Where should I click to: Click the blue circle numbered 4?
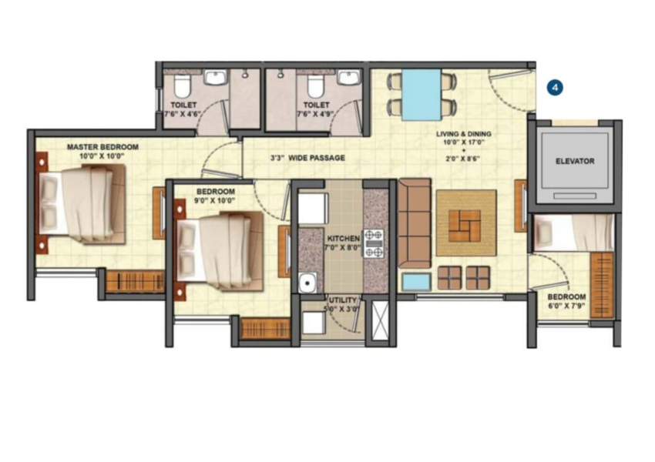tap(555, 88)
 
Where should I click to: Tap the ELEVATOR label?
tap(575, 161)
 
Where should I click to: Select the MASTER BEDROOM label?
tap(102, 147)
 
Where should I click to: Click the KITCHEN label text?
tap(344, 238)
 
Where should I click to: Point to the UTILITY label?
tap(343, 300)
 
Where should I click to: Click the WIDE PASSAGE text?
tap(317, 158)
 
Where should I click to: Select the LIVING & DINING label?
tap(464, 134)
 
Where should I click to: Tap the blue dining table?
tap(422, 95)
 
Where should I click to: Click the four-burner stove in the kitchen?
tap(374, 243)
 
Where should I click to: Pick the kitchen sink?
tap(308, 283)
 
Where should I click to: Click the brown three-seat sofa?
tap(415, 223)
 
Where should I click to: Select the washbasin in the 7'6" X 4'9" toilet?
tap(349, 77)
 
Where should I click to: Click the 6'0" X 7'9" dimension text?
tap(567, 306)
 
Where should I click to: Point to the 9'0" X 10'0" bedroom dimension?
tap(215, 200)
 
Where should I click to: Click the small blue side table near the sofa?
tap(416, 282)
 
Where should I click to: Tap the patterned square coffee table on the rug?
tap(465, 226)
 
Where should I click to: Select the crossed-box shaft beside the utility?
tap(380, 320)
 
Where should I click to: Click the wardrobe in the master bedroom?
tap(136, 282)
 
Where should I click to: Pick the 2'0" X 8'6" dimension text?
tap(463, 158)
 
